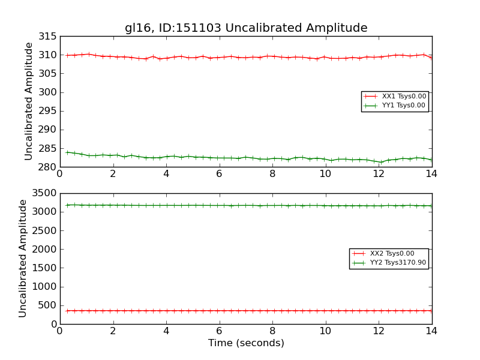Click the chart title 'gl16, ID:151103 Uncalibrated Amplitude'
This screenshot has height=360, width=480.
pyautogui.click(x=246, y=28)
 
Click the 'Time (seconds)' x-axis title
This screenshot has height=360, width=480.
pyautogui.click(x=246, y=343)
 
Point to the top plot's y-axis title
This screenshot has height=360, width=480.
pyautogui.click(x=29, y=101)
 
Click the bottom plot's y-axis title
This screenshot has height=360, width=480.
pyautogui.click(x=23, y=259)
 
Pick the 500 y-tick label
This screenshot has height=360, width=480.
pyautogui.click(x=47, y=305)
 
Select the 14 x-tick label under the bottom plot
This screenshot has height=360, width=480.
pyautogui.click(x=431, y=331)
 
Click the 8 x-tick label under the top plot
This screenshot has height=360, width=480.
pyautogui.click(x=272, y=174)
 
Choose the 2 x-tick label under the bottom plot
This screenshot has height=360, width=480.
pyautogui.click(x=113, y=331)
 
